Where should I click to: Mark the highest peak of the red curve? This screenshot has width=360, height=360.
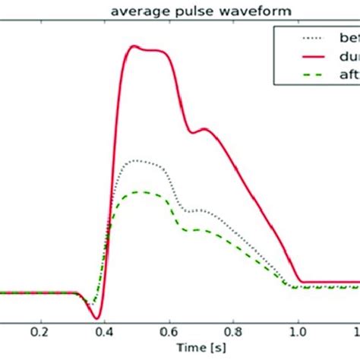pos(134,46)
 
